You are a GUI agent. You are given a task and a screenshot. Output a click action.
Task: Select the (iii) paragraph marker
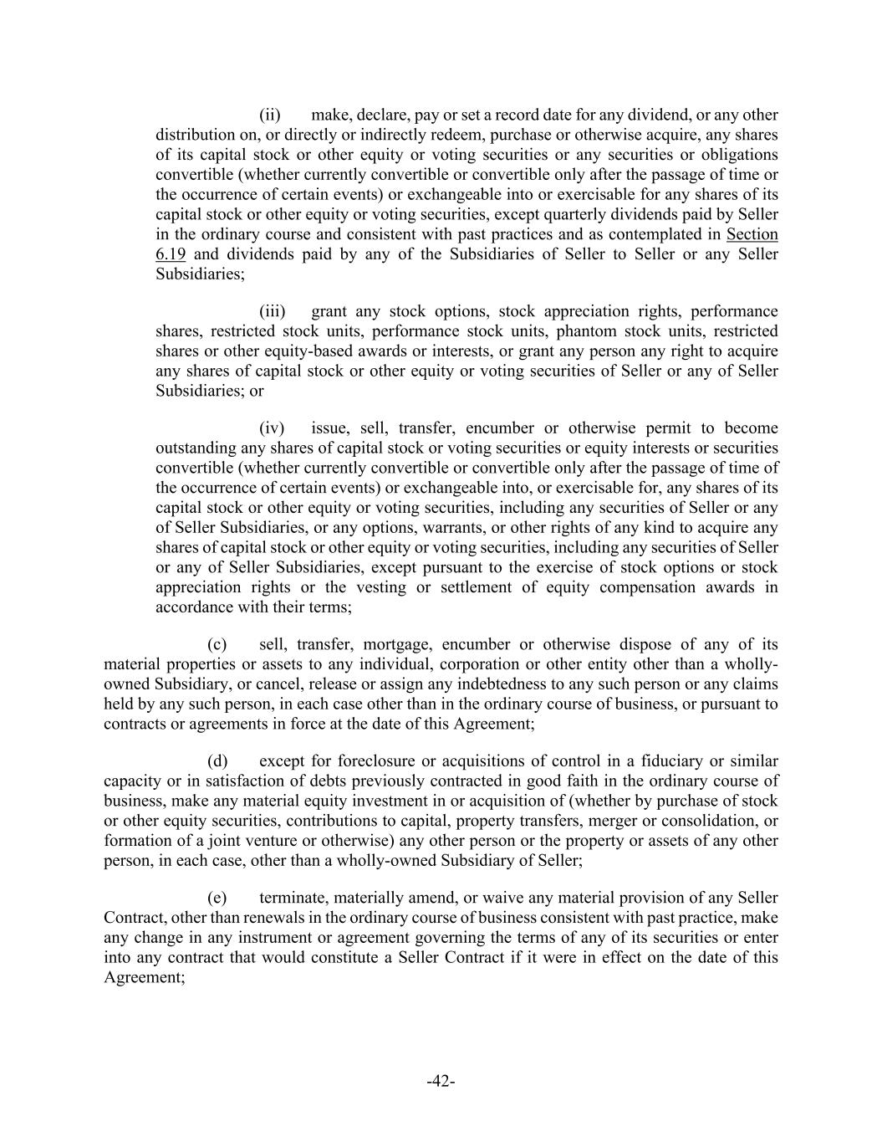pos(272,311)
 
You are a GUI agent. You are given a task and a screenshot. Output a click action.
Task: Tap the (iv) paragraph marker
pos(272,428)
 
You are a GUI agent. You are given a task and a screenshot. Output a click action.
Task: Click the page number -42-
pos(441,1082)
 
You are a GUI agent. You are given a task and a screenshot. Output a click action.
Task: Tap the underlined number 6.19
pos(171,253)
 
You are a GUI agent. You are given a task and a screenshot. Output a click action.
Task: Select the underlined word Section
pos(752,234)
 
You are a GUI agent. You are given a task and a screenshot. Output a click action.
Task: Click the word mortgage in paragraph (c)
pos(400,644)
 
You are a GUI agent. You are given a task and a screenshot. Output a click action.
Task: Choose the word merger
pos(624,821)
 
